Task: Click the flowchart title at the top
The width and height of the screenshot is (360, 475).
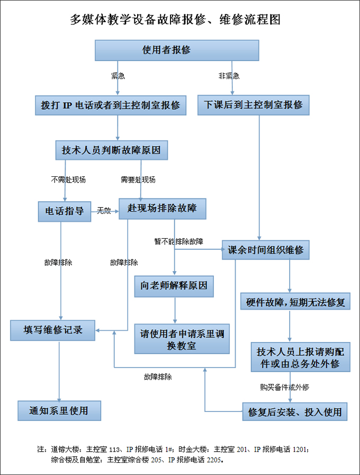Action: pyautogui.click(x=175, y=20)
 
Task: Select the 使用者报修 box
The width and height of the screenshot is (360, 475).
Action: pyautogui.click(x=177, y=50)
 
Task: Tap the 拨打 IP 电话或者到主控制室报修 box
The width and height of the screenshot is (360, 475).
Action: pyautogui.click(x=111, y=105)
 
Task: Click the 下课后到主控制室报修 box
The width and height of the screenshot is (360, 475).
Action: pyautogui.click(x=253, y=105)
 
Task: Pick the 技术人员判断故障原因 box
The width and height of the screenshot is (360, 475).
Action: pyautogui.click(x=112, y=150)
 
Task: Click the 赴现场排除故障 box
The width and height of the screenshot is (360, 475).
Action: pyautogui.click(x=162, y=209)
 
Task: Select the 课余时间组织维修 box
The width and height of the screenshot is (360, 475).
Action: pyautogui.click(x=266, y=249)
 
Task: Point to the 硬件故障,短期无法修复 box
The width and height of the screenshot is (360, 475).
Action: pyautogui.click(x=295, y=302)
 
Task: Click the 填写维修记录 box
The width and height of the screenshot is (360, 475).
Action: pyautogui.click(x=53, y=330)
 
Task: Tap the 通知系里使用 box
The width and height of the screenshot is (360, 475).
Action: pyautogui.click(x=59, y=410)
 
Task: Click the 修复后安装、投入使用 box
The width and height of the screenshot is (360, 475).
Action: pyautogui.click(x=295, y=412)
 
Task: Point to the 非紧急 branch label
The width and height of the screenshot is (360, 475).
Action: pyautogui.click(x=229, y=76)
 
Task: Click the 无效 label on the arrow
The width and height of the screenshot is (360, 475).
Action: pyautogui.click(x=104, y=211)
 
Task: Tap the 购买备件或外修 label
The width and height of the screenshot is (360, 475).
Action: pyautogui.click(x=284, y=387)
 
